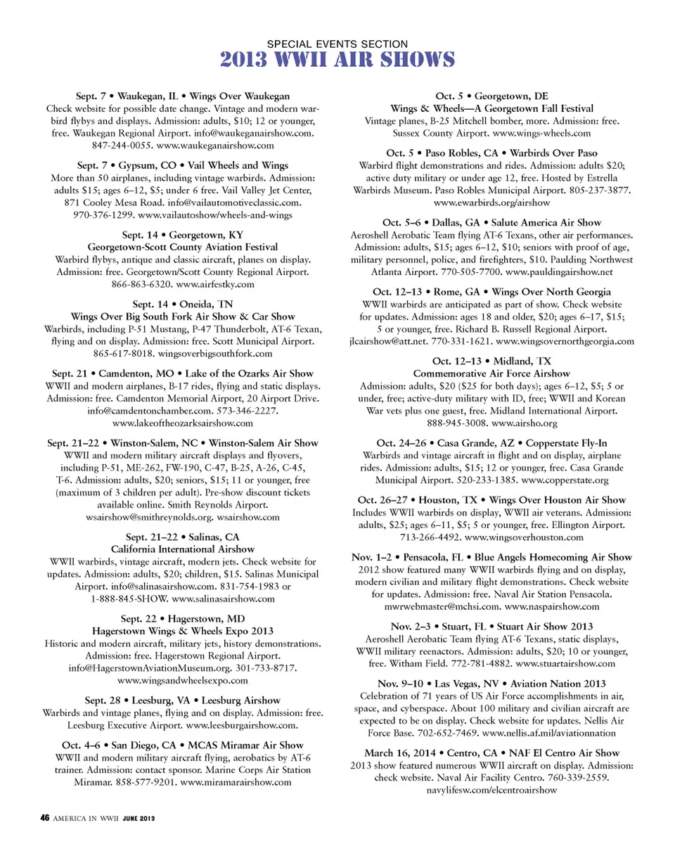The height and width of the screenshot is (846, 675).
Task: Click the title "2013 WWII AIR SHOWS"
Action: click(x=337, y=60)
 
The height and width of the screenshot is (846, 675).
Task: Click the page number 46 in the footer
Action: click(x=44, y=819)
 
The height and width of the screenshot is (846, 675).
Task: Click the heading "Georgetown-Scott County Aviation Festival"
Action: click(x=183, y=247)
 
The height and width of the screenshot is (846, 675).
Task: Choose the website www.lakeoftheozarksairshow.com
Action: click(x=183, y=423)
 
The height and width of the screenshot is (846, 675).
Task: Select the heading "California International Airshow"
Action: click(x=183, y=549)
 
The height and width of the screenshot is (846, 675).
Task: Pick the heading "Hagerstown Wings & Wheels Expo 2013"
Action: click(x=183, y=632)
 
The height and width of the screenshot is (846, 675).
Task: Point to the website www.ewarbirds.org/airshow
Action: click(x=492, y=203)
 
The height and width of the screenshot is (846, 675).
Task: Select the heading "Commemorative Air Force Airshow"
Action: click(x=491, y=373)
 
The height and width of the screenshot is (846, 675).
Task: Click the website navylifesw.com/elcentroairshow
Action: click(x=492, y=790)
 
